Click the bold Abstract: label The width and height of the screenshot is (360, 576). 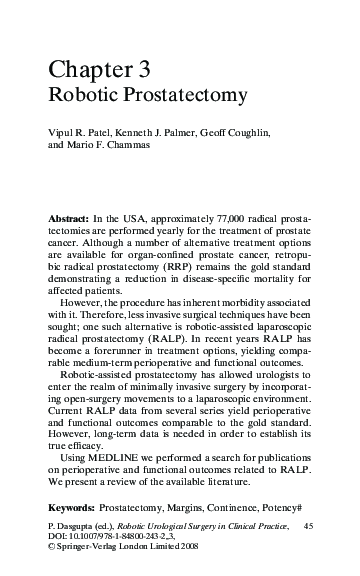(x=71, y=217)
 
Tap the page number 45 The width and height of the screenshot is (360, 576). (x=308, y=525)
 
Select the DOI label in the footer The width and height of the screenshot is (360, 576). (x=57, y=537)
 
